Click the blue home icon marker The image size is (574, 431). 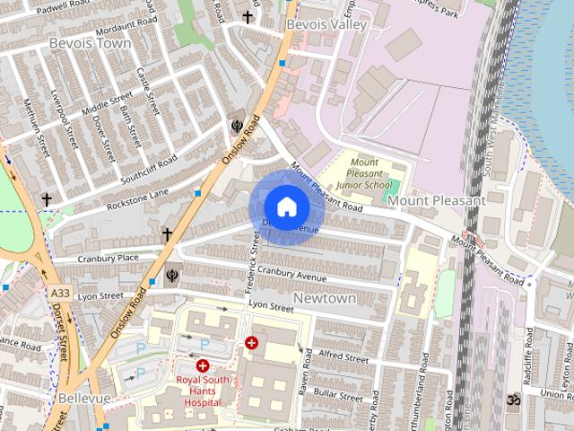tap(286, 207)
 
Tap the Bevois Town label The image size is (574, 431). tap(90, 43)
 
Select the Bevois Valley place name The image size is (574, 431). tap(326, 25)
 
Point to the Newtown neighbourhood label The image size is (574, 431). tap(325, 297)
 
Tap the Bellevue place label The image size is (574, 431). tap(83, 397)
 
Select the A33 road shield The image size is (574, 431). tap(60, 294)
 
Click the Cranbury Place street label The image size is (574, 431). tap(108, 258)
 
